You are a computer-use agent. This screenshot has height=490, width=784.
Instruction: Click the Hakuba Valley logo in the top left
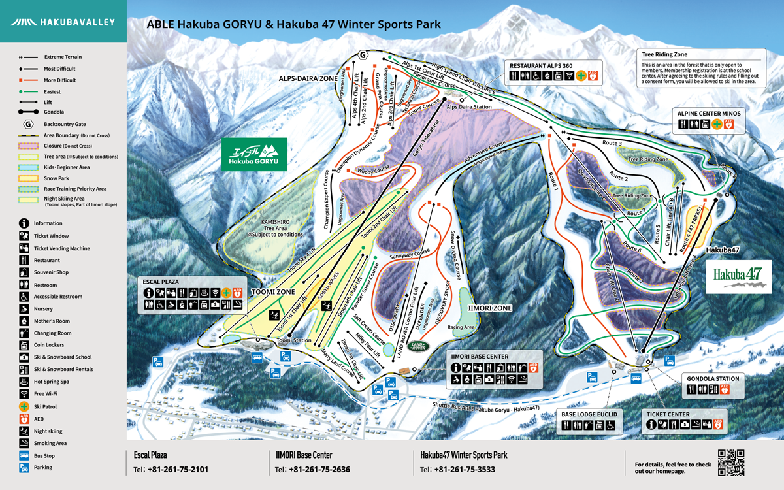pos(62,22)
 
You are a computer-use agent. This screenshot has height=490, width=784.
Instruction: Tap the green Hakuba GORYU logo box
pos(253,154)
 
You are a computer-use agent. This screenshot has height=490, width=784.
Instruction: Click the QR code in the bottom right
pos(731,463)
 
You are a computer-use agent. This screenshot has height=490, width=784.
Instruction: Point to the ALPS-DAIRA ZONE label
pos(308,78)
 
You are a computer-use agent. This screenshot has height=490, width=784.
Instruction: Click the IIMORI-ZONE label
pos(489,307)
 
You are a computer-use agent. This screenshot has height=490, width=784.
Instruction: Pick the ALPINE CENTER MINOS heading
pos(709,113)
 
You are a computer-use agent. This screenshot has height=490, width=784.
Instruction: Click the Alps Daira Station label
pos(469,106)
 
